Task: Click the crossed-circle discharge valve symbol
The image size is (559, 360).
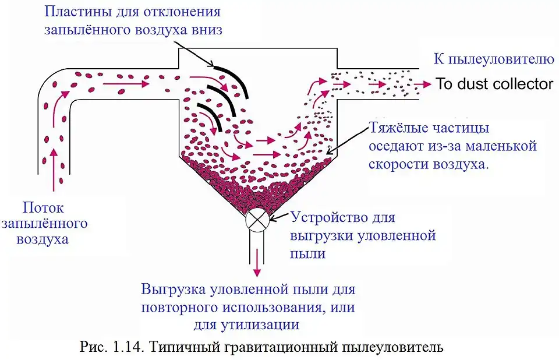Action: pyautogui.click(x=257, y=220)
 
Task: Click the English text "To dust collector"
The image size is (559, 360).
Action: pyautogui.click(x=494, y=84)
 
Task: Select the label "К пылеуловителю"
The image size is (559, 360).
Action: pyautogui.click(x=494, y=59)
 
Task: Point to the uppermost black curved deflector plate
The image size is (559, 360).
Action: pyautogui.click(x=232, y=80)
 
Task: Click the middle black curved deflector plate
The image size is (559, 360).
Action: pyautogui.click(x=221, y=100)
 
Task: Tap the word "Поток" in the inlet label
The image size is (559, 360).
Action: pyautogui.click(x=43, y=207)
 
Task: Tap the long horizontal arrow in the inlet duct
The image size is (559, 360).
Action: pyautogui.click(x=126, y=84)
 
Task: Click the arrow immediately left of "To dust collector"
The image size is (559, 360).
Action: pyautogui.click(x=423, y=84)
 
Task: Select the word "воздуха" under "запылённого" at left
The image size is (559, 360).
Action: pyautogui.click(x=43, y=239)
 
